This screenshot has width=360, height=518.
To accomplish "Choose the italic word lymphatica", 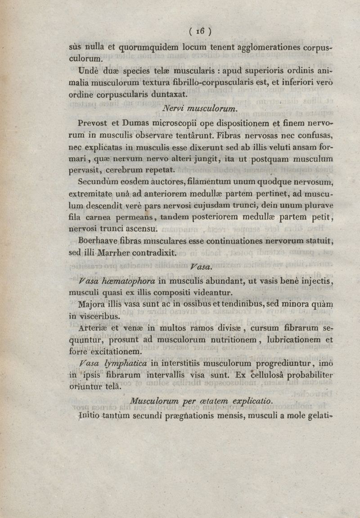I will [127, 363].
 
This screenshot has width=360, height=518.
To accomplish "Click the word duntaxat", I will [165, 95].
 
